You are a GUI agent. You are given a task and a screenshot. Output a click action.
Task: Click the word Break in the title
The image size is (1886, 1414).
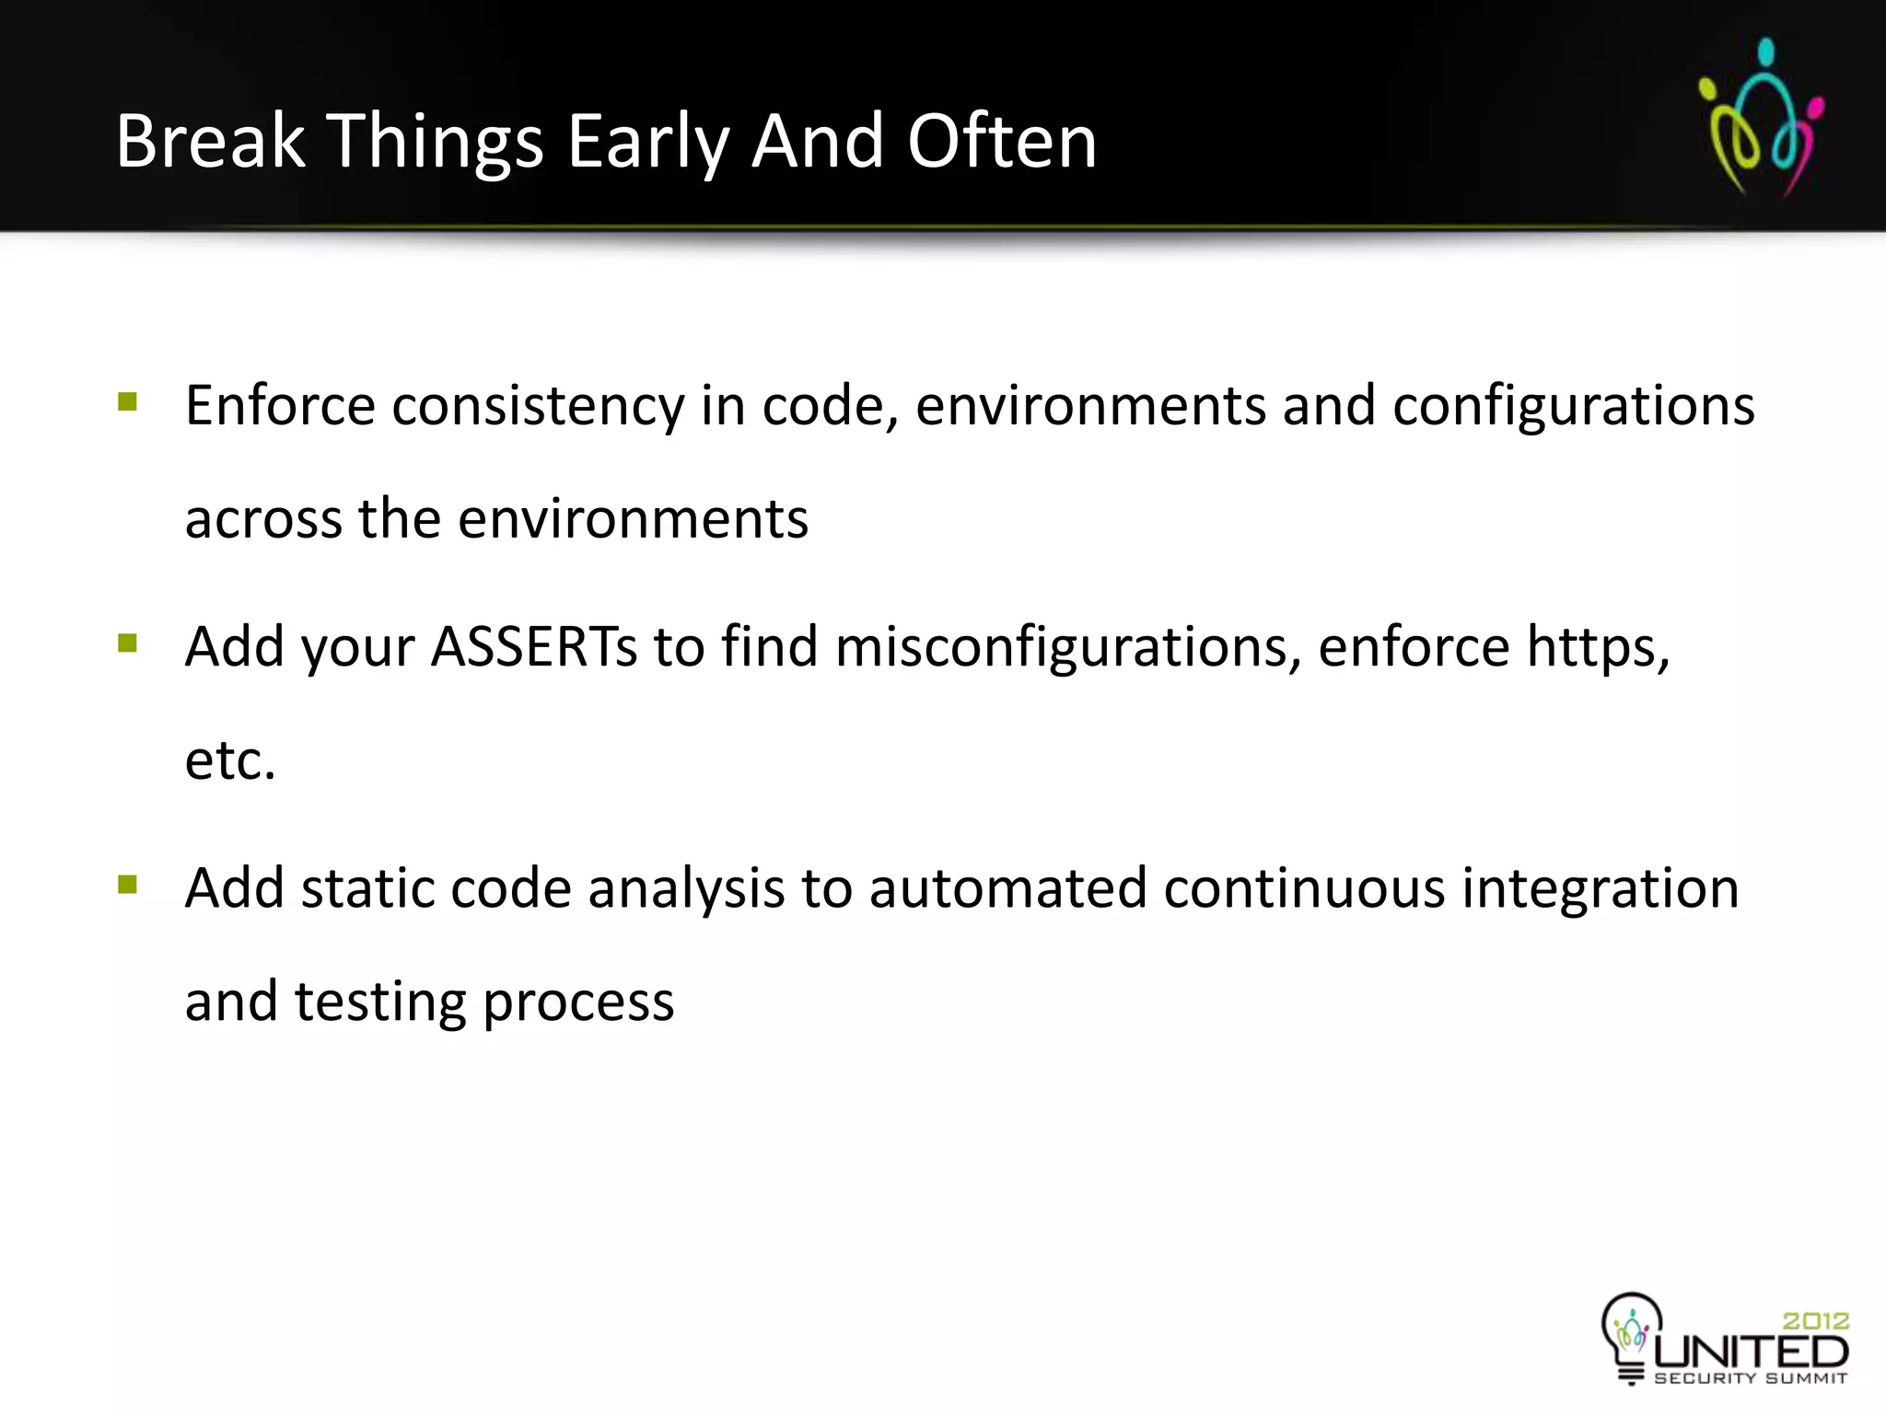pyautogui.click(x=210, y=142)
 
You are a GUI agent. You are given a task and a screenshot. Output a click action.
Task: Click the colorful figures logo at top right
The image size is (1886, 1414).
pyautogui.click(x=1761, y=118)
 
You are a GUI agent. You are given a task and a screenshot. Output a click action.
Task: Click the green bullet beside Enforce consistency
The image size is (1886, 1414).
pyautogui.click(x=128, y=401)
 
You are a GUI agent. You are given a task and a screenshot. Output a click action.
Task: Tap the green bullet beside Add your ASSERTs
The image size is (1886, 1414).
pyautogui.click(x=128, y=643)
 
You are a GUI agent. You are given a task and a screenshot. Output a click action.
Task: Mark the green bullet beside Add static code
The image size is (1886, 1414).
pyautogui.click(x=128, y=885)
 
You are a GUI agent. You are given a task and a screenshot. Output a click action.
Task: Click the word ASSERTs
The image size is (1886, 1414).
pyautogui.click(x=534, y=646)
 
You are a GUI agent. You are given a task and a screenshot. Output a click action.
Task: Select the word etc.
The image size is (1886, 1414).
pyautogui.click(x=230, y=760)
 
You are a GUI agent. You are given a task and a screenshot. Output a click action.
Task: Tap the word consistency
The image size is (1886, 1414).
pyautogui.click(x=538, y=407)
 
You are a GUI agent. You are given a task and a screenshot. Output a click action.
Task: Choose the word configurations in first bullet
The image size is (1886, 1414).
pyautogui.click(x=1573, y=407)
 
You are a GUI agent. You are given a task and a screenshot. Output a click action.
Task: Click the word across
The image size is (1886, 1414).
pyautogui.click(x=263, y=519)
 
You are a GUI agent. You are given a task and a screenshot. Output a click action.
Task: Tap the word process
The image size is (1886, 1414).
pyautogui.click(x=578, y=1003)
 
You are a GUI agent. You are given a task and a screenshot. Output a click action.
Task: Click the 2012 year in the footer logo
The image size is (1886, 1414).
pyautogui.click(x=1815, y=1321)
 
